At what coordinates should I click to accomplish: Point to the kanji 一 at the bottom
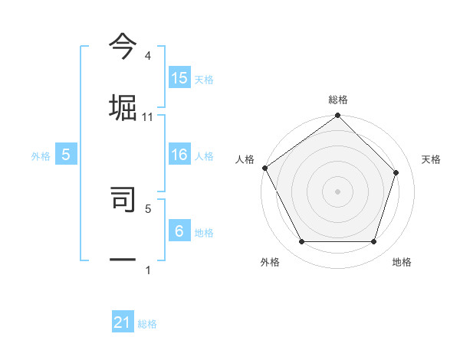pos(123,259)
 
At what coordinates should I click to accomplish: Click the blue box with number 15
pos(179,77)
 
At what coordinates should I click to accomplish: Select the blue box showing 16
pos(179,155)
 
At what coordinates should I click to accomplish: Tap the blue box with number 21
pos(123,323)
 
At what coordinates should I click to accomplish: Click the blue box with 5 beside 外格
pos(66,155)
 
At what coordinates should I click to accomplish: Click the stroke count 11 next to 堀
pos(148,117)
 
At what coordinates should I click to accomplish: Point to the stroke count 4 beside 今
pos(148,56)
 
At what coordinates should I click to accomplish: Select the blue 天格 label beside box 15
pos(204,79)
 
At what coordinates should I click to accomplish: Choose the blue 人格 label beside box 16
pos(204,156)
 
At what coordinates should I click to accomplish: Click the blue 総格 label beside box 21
pos(147,325)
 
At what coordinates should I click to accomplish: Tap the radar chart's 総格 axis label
pos(337,100)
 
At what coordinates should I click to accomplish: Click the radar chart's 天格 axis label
pos(431,159)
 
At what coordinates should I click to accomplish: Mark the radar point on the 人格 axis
pos(264,168)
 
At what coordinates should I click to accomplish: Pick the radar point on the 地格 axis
pos(373,242)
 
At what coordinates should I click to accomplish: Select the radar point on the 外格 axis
pos(301,242)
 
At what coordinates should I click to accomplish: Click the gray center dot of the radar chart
pos(337,191)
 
